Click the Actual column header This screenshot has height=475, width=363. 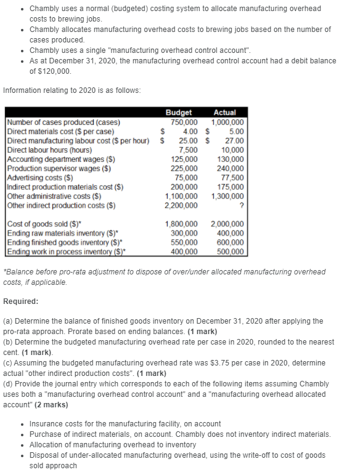coord(224,113)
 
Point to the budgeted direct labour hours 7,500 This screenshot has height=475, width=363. coord(187,150)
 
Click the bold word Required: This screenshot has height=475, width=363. coord(21,301)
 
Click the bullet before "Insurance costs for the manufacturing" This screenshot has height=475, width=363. coord(23,424)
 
